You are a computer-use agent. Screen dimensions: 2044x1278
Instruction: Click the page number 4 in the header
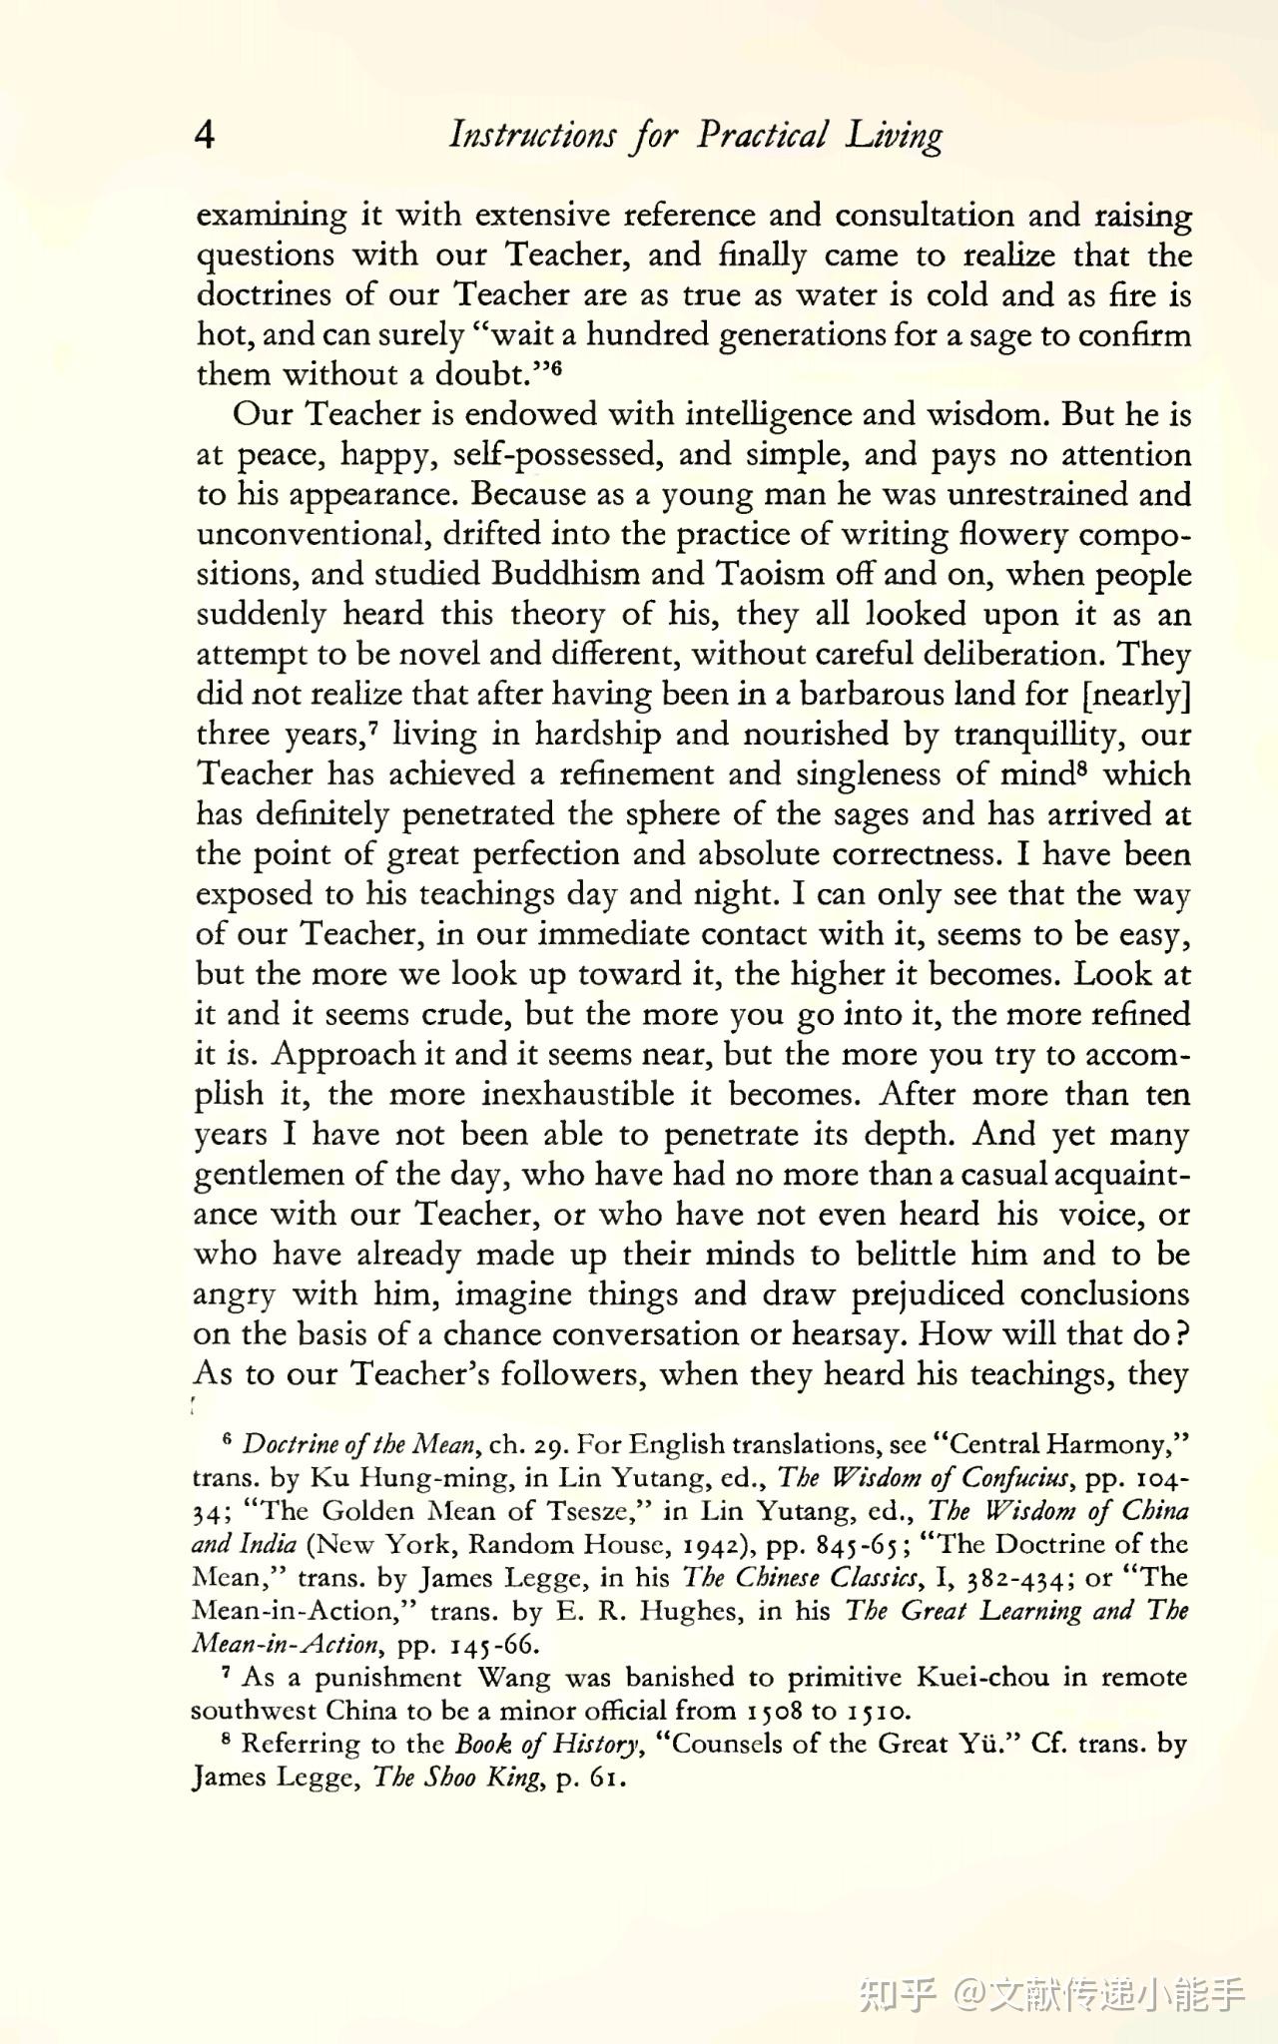[204, 134]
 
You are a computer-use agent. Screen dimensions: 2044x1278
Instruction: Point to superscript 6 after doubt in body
[557, 368]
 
